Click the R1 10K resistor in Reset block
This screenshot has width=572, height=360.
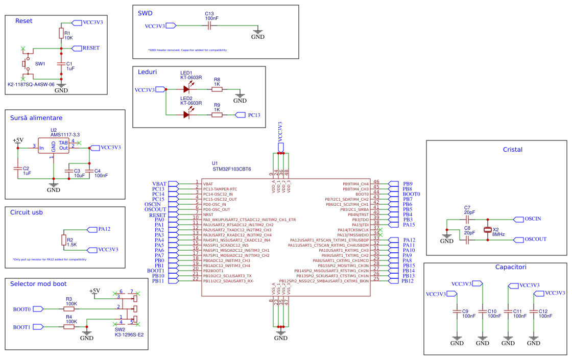(x=61, y=34)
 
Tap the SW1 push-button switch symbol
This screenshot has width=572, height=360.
(x=24, y=64)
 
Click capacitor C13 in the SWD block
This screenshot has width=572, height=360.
(x=209, y=26)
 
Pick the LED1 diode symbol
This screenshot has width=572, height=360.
(x=186, y=89)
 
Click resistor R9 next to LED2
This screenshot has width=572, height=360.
(x=217, y=115)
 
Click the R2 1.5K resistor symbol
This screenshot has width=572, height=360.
(x=64, y=240)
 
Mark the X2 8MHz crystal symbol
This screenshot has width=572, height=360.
(x=488, y=229)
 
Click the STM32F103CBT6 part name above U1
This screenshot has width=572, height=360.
(x=231, y=169)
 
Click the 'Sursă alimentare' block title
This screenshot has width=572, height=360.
(x=36, y=118)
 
